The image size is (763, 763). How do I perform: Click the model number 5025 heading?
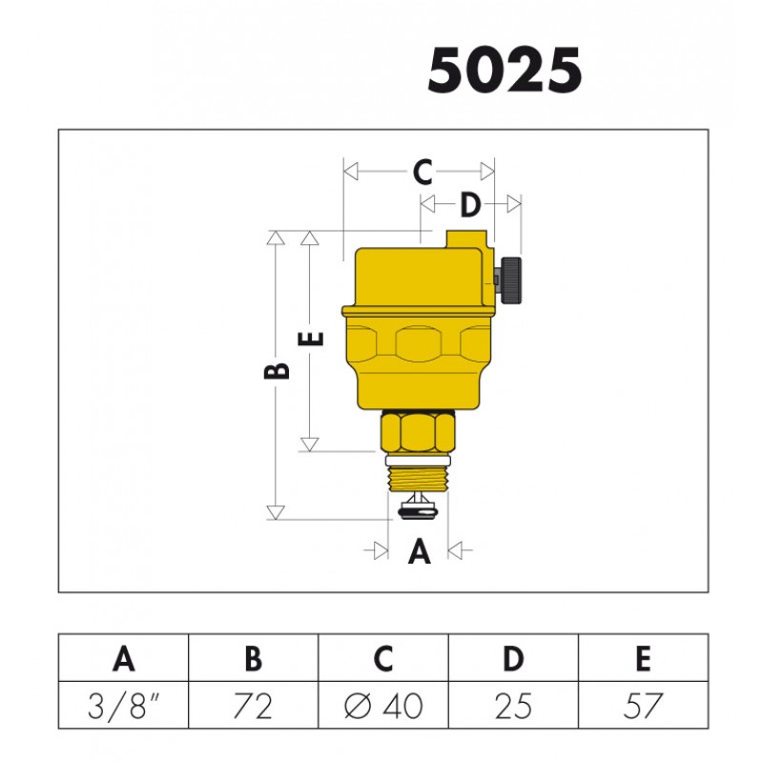tap(505, 70)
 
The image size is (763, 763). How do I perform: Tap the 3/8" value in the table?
tap(123, 706)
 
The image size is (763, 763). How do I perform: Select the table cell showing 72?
tap(253, 706)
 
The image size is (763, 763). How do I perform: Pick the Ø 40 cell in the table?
tap(383, 706)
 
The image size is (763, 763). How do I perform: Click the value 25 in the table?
tap(513, 706)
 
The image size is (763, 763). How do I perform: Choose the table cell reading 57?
tap(643, 706)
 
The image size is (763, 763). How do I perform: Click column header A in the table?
tap(124, 658)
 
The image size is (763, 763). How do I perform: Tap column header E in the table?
tap(643, 658)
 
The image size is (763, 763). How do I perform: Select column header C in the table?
tap(383, 658)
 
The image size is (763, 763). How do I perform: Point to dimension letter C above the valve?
tap(423, 172)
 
